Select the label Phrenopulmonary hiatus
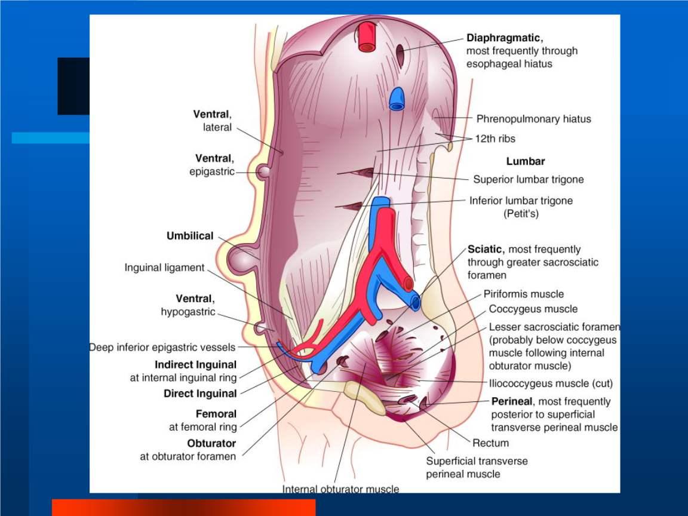[x=533, y=119]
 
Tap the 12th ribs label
[x=495, y=139]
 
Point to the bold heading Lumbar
[x=526, y=161]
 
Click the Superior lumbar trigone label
[x=529, y=179]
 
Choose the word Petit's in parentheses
[x=521, y=213]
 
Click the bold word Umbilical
[x=190, y=236]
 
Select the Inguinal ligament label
[x=164, y=268]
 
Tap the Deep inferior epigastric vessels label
[x=162, y=347]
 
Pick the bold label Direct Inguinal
[x=200, y=394]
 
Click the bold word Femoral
[x=216, y=413]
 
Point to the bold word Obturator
[x=211, y=444]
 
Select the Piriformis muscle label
[x=524, y=294]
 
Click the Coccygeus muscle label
[x=533, y=309]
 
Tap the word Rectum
[x=490, y=443]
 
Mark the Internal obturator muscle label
[x=340, y=489]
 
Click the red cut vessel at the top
[x=365, y=37]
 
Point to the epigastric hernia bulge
[x=263, y=172]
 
